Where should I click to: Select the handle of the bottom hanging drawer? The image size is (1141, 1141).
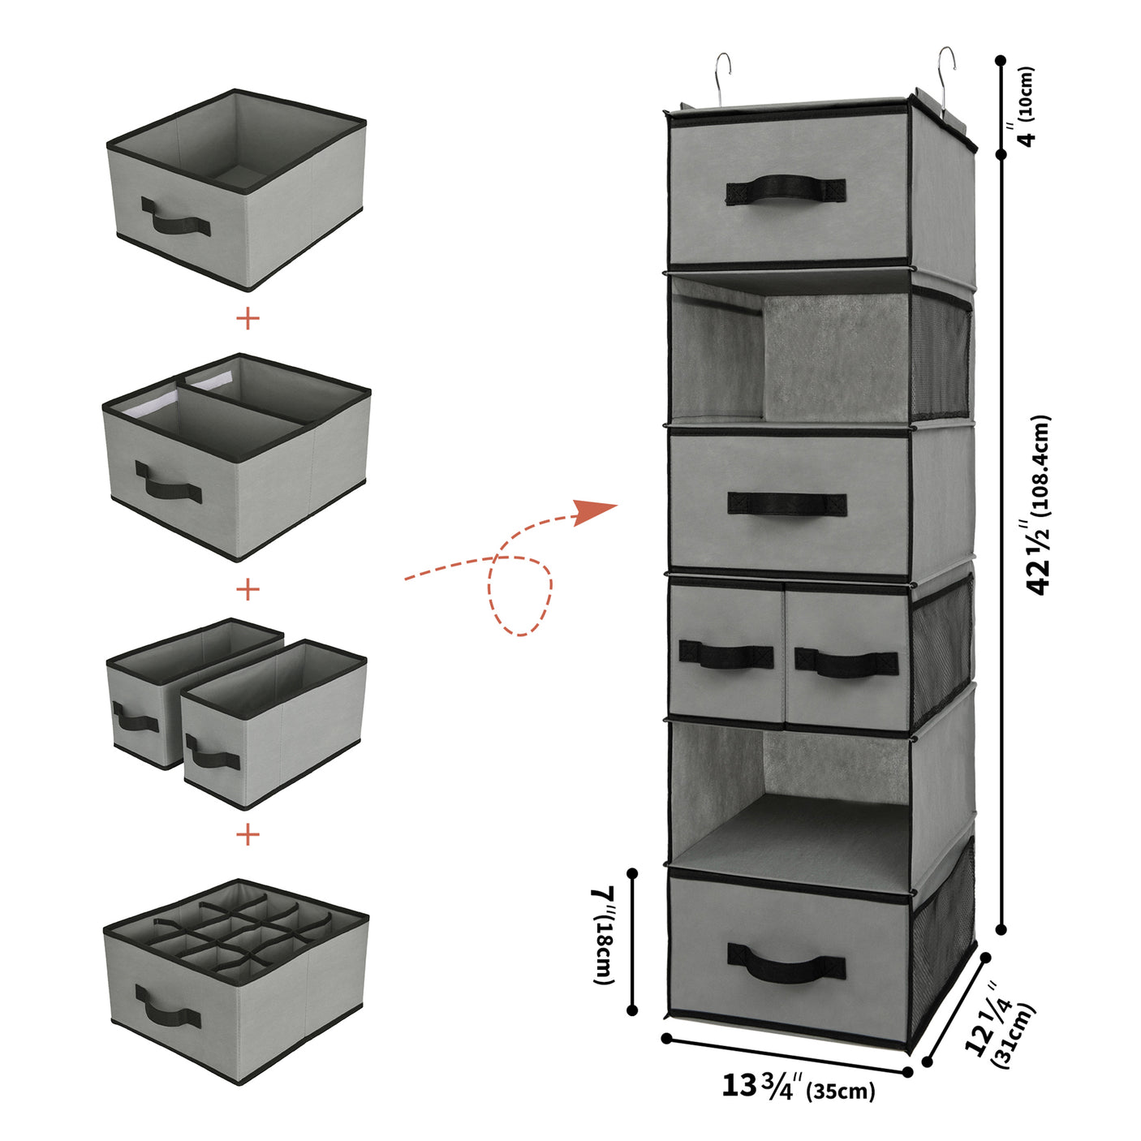coord(786,963)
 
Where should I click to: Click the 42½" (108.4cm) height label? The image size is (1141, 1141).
coord(1040,505)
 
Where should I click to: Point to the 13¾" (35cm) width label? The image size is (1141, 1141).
coord(799,1086)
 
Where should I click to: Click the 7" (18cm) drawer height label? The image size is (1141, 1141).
coord(603,935)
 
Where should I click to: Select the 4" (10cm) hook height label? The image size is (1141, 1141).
coord(1021,105)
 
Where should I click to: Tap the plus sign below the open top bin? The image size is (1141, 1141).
coord(248,317)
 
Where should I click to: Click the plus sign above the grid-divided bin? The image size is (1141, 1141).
coord(248,833)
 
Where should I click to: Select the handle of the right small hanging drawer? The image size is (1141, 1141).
coord(846,662)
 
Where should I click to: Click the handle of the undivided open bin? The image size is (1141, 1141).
coord(175,217)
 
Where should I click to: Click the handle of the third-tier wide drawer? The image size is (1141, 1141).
coord(786,503)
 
